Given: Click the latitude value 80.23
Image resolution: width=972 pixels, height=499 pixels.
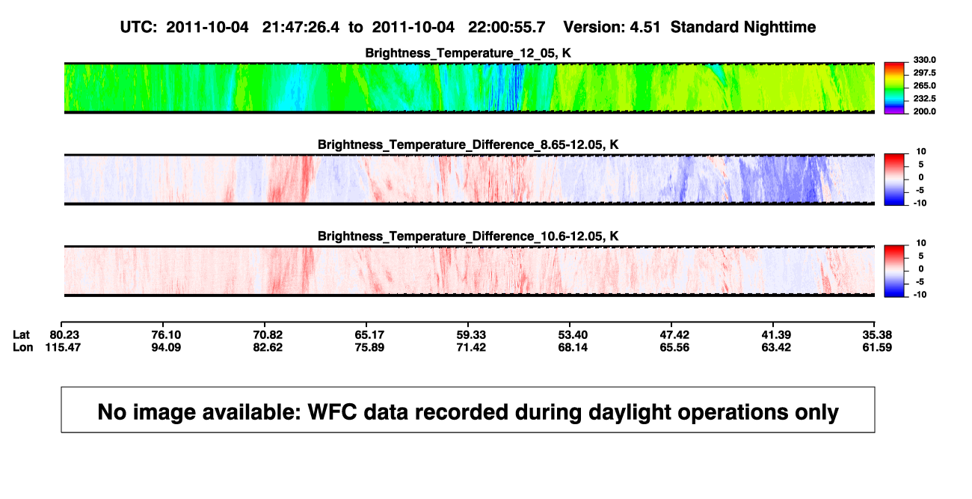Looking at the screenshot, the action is tap(64, 335).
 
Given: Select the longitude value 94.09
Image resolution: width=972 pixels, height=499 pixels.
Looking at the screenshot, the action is tap(166, 347).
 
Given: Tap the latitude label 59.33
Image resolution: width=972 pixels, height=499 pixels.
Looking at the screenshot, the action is tap(471, 335).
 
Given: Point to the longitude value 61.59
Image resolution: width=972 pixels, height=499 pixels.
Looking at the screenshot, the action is tap(877, 347).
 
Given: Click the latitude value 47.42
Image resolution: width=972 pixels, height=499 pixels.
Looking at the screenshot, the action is tap(674, 335).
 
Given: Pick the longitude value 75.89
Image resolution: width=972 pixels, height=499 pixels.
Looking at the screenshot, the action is tap(369, 347).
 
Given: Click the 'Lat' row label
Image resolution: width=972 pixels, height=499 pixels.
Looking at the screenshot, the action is tap(21, 335).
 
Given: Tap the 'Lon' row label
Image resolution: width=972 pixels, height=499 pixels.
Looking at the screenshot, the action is tap(22, 347).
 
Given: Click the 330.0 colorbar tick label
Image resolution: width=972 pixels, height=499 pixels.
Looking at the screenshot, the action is tap(924, 60).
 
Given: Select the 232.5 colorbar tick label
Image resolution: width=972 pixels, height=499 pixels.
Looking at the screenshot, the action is tap(924, 99).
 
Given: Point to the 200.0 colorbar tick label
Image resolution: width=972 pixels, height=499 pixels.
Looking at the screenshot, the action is tap(924, 111).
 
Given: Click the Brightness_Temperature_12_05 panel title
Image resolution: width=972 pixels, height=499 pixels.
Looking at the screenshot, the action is tap(468, 53).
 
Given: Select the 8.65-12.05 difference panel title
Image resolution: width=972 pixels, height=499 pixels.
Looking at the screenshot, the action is tap(468, 144).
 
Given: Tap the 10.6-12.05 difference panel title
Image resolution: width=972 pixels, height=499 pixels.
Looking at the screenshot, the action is tap(468, 236).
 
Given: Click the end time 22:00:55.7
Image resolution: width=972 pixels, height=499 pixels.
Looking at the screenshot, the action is tap(506, 28).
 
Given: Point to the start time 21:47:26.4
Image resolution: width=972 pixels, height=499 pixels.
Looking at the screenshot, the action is tap(301, 28).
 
